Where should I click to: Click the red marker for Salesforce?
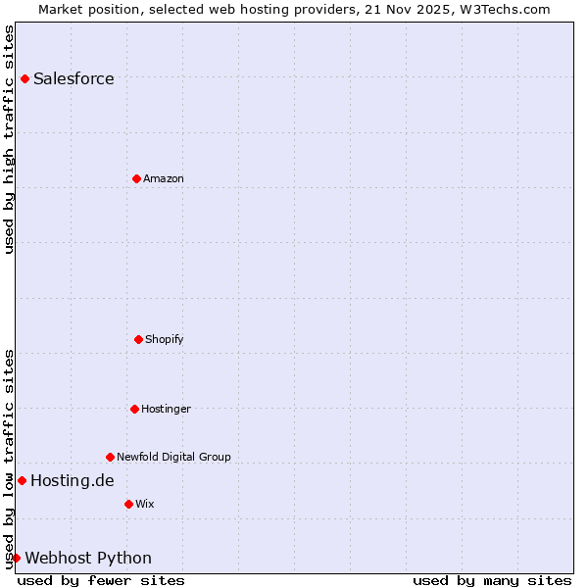tap(24, 78)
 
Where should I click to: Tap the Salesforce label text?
tap(73, 78)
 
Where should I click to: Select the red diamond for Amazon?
tap(136, 178)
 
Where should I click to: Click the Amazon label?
tap(164, 178)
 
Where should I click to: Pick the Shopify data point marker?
tap(138, 339)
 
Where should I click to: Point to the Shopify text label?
tap(165, 339)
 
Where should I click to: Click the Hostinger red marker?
tap(134, 409)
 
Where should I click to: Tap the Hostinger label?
tap(166, 409)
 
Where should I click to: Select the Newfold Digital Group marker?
tap(110, 457)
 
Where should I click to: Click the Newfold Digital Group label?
tap(173, 457)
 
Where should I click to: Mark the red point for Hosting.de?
tap(22, 480)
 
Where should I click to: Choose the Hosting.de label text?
tap(72, 480)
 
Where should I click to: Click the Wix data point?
tap(128, 504)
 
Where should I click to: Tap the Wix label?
tap(145, 504)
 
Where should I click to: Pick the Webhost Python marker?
tap(16, 558)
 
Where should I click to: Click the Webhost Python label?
tap(88, 558)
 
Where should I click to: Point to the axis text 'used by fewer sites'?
tap(101, 580)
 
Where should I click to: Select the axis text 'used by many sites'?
tap(492, 580)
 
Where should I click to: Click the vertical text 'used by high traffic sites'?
tap(9, 139)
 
